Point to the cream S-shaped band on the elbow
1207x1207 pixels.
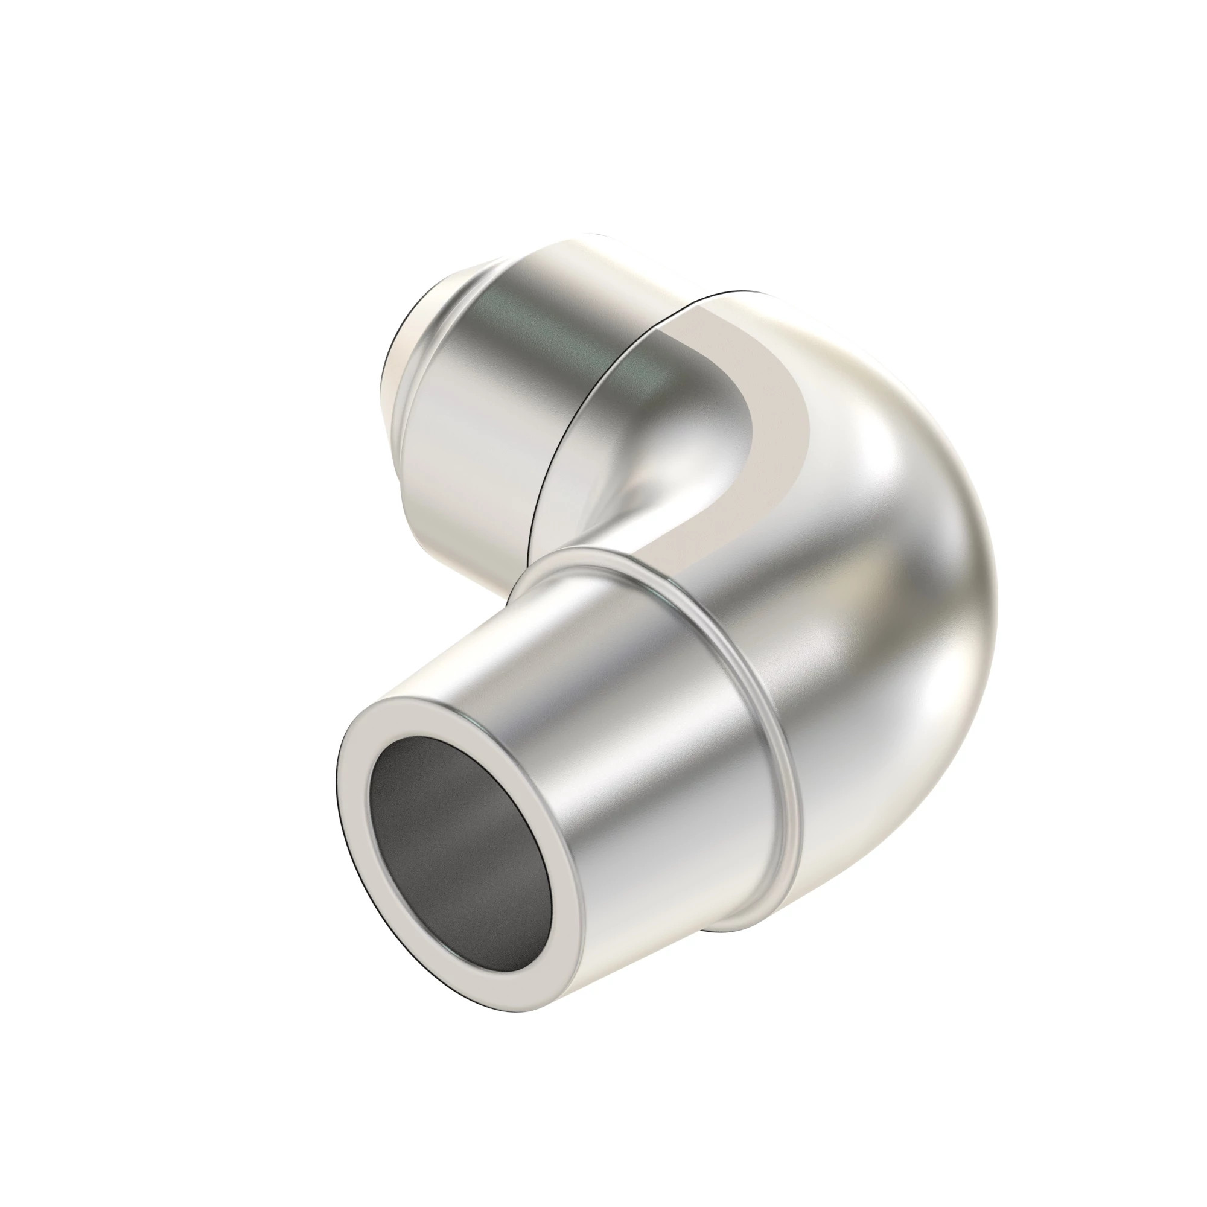775,431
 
